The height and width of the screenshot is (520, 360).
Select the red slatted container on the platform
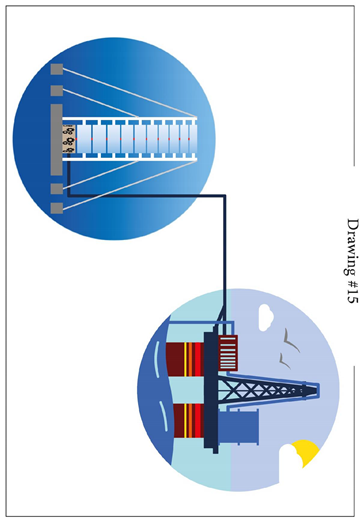pyautogui.click(x=228, y=353)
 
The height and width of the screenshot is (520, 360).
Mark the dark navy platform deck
pyautogui.click(x=211, y=385)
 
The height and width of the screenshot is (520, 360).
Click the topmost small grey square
pyautogui.click(x=57, y=69)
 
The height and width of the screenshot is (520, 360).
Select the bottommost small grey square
pyautogui.click(x=57, y=208)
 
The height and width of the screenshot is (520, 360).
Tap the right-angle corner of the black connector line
pyautogui.click(x=224, y=195)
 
